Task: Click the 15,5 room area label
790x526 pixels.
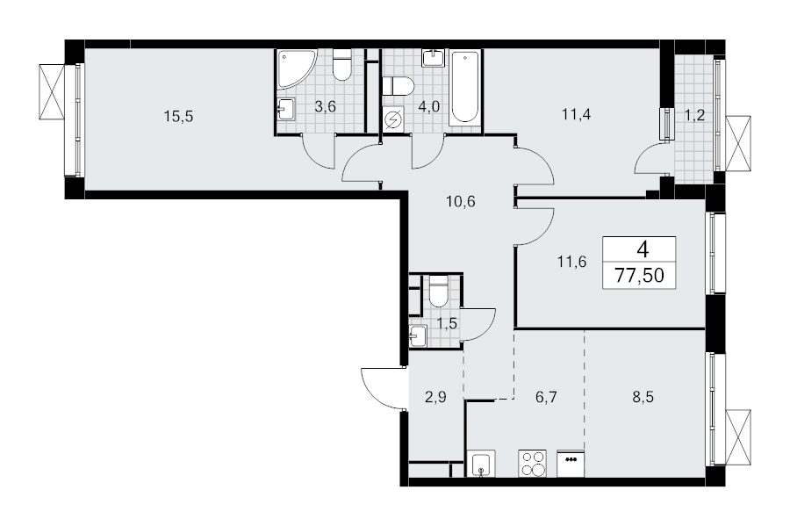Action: pos(178,117)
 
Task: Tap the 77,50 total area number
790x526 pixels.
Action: pos(639,276)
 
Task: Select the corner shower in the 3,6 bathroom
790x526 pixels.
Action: pos(297,68)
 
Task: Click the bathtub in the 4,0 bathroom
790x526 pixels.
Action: pos(464,86)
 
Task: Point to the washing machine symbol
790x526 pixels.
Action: pos(393,120)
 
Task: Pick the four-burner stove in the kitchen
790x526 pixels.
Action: pos(533,463)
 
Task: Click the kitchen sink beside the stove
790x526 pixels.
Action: pos(481,463)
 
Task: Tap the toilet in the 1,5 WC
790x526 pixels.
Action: pos(438,292)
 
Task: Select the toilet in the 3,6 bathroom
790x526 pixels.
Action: pos(342,65)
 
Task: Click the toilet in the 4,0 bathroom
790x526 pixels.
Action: pos(398,86)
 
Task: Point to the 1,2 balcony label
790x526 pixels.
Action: pos(694,115)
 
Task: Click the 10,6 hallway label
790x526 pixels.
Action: pos(461,202)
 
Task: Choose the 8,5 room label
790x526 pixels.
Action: pos(643,397)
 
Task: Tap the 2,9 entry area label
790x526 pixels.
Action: pos(435,397)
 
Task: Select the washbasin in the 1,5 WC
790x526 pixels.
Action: pos(418,335)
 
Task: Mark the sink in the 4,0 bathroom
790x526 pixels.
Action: pos(433,58)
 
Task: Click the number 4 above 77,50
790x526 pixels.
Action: pos(643,249)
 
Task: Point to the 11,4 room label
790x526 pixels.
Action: pos(577,114)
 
